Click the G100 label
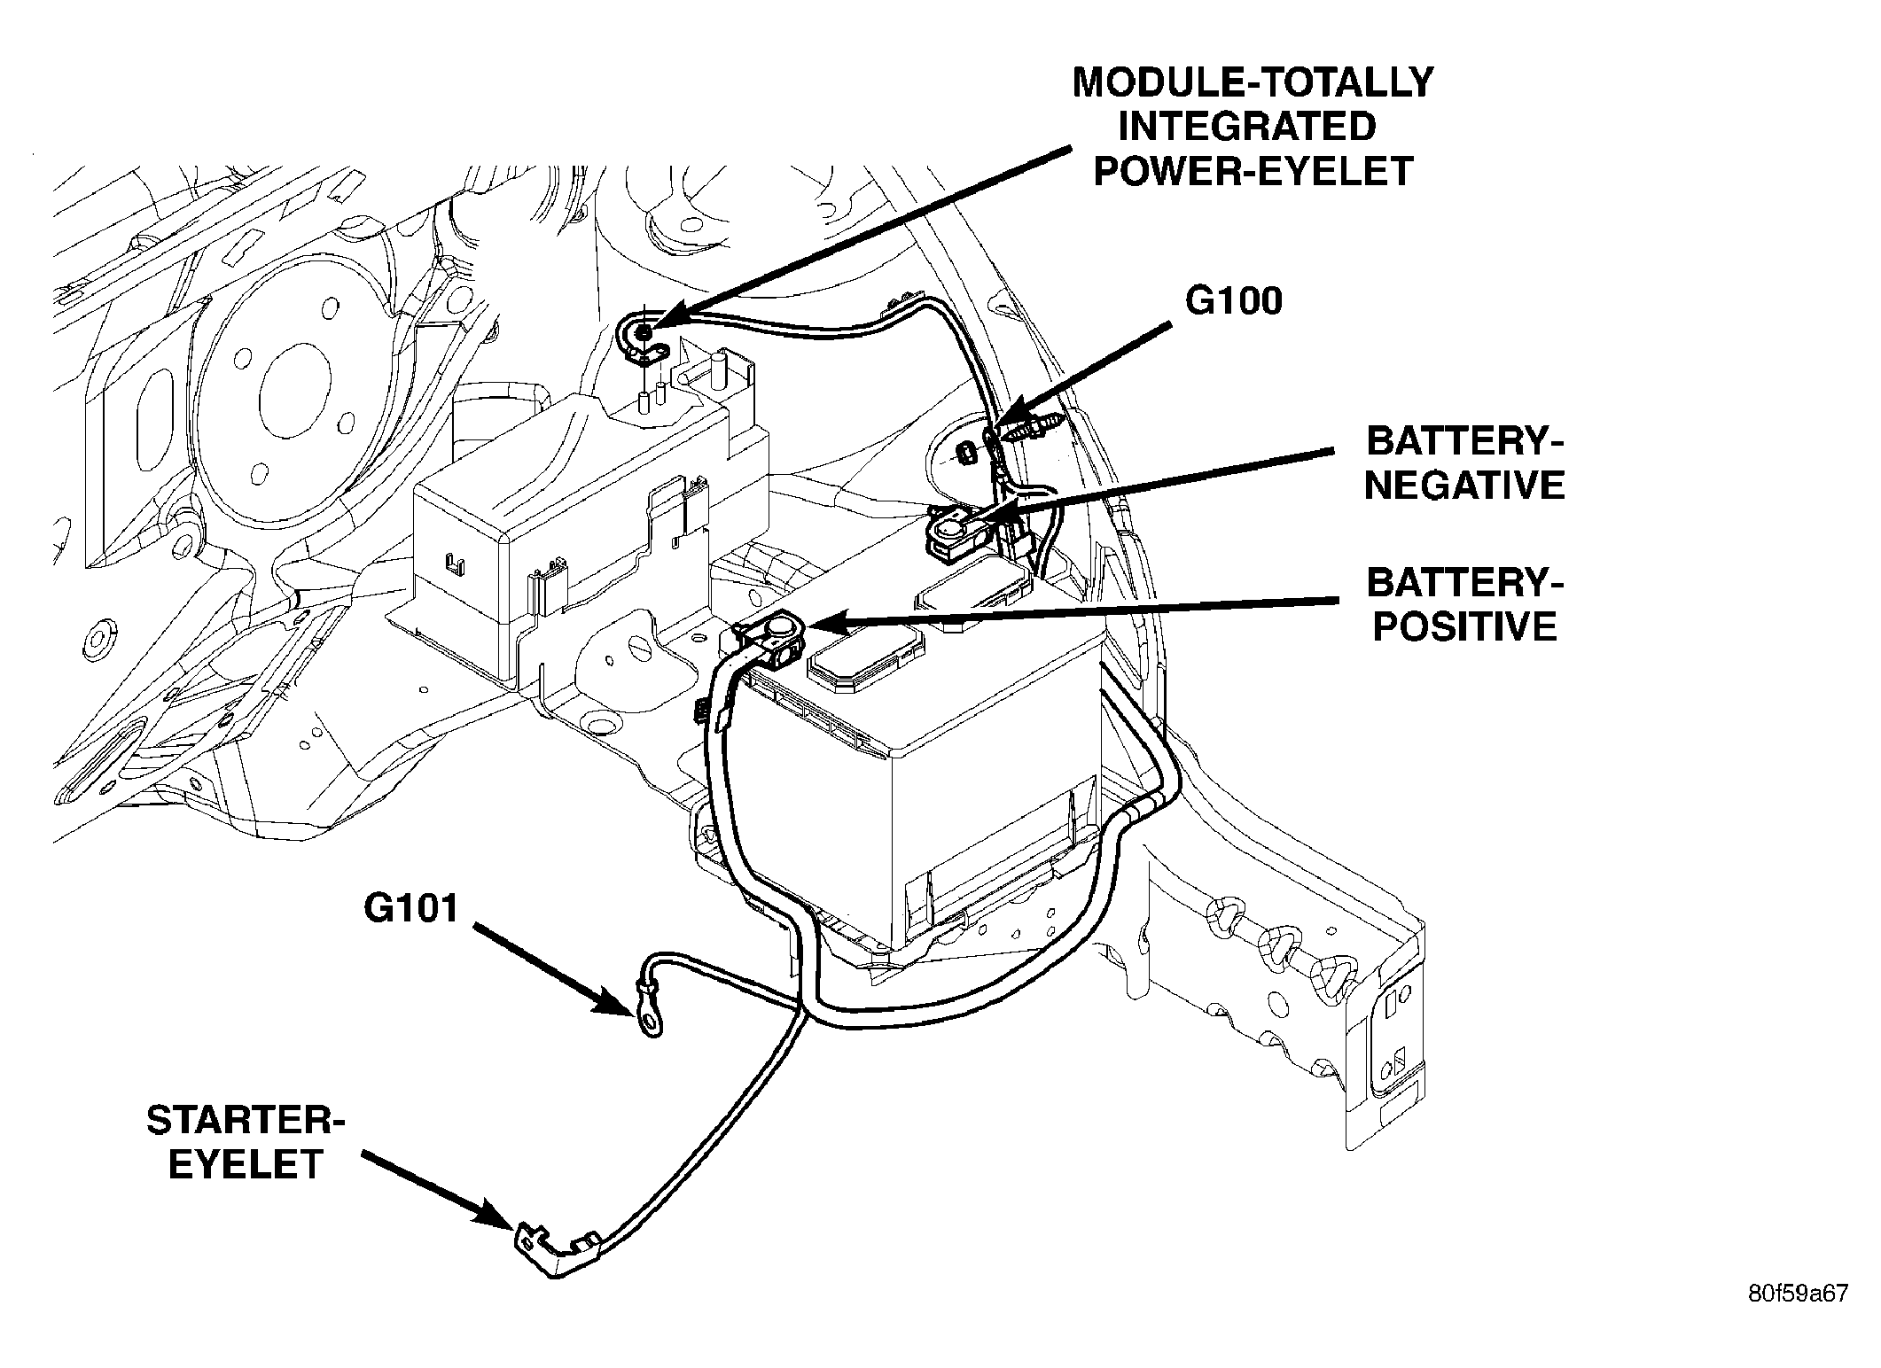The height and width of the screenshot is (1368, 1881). pos(1235,302)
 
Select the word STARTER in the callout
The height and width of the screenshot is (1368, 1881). pos(246,1121)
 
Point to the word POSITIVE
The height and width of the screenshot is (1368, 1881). pos(1464,626)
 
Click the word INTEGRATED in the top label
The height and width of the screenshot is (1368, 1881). pos(1247,127)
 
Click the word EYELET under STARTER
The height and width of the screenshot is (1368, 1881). pos(245,1164)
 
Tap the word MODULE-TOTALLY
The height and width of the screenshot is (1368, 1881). pos(1253,82)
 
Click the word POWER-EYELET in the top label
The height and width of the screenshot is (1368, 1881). pos(1253,171)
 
